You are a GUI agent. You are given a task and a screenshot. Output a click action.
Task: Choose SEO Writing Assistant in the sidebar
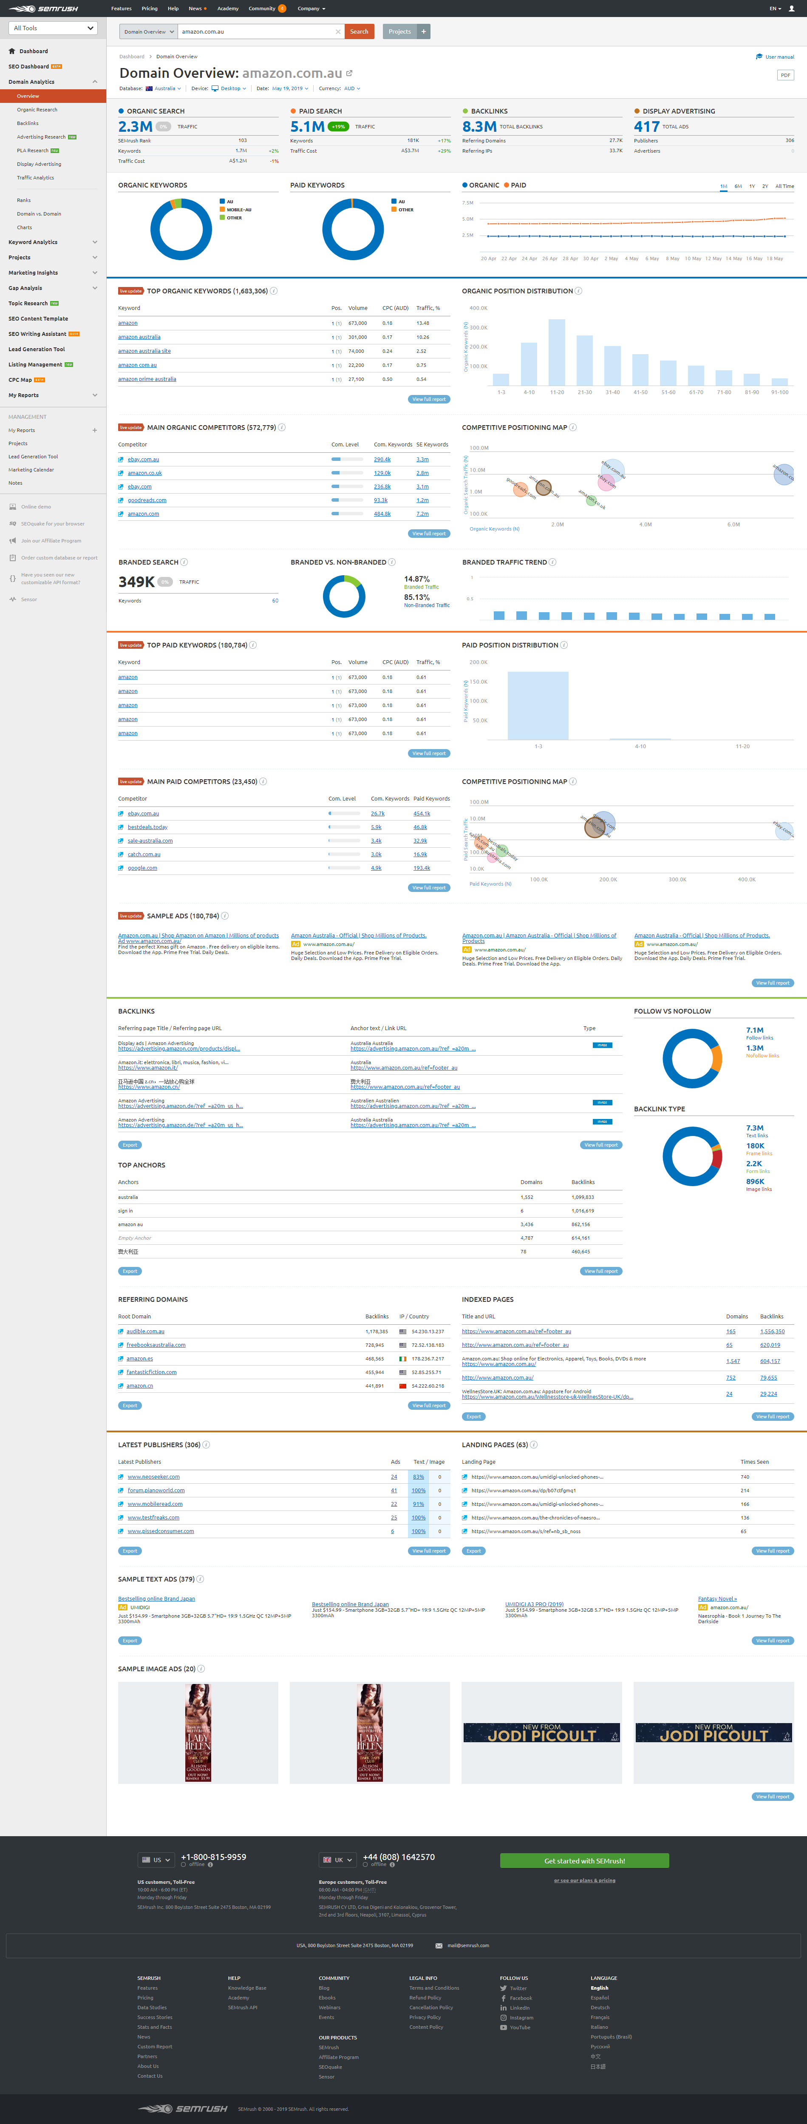[x=37, y=334]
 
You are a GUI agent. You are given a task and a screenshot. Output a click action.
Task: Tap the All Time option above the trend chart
[x=784, y=186]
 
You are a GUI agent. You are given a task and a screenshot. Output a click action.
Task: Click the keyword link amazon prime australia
[x=147, y=379]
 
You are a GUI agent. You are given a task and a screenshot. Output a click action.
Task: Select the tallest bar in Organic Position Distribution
[x=556, y=352]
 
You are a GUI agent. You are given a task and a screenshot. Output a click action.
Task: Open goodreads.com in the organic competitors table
[x=147, y=500]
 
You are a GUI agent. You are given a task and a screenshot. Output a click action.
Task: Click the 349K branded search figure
[x=136, y=582]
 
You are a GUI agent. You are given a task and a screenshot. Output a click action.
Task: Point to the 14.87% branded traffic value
[x=416, y=579]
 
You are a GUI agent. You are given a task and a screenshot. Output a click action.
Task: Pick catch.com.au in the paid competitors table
[x=144, y=854]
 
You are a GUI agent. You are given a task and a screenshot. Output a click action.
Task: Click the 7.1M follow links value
[x=754, y=1030]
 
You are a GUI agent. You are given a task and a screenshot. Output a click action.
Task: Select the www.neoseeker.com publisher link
[x=153, y=1477]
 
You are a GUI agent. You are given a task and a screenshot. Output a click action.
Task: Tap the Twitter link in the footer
[x=518, y=1988]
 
